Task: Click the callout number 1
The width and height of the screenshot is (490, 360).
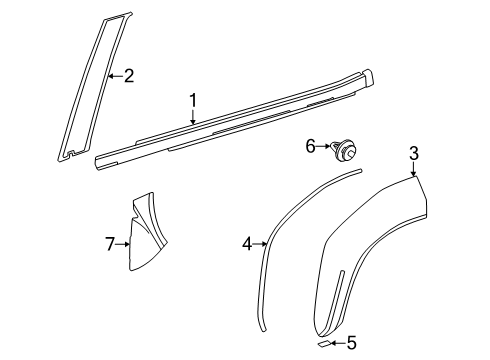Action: [195, 100]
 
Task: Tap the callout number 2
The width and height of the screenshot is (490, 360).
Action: [128, 74]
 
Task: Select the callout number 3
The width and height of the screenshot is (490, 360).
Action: [414, 153]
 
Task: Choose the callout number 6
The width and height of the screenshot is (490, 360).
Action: [310, 147]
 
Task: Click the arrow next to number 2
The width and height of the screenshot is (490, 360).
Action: [114, 74]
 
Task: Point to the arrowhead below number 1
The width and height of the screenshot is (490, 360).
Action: [195, 122]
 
